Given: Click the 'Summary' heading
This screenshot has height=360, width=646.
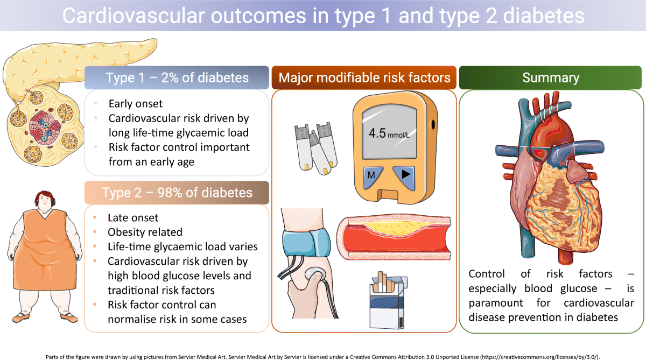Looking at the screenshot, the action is click(551, 77).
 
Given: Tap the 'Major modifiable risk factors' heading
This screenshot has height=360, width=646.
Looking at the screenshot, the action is click(364, 77).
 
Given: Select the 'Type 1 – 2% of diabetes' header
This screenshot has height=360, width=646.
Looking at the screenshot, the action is click(177, 77).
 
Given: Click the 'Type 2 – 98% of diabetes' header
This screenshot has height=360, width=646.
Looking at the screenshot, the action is click(177, 193).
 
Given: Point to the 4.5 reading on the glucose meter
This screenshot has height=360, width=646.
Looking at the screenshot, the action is click(377, 133).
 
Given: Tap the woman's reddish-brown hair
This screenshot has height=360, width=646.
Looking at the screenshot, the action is click(45, 197).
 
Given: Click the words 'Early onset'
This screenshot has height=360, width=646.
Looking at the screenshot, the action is click(136, 103).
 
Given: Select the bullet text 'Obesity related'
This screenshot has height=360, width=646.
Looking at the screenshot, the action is click(145, 232).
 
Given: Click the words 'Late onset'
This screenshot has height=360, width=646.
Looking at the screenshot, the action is click(133, 217).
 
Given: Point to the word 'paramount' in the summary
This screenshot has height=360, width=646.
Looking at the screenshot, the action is click(495, 303).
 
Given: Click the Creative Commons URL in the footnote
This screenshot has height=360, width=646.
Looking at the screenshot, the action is click(539, 357).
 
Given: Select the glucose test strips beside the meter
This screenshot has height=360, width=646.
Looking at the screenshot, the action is click(317, 149).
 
